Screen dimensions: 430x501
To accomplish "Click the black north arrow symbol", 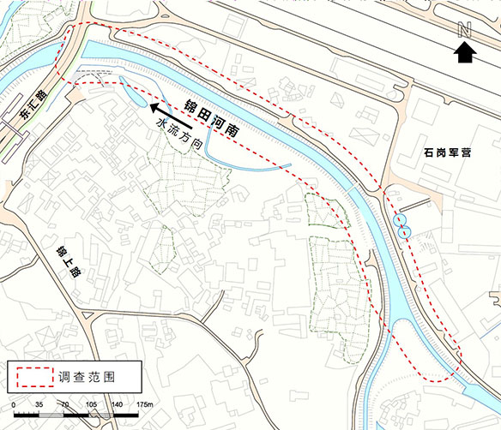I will (x=465, y=53).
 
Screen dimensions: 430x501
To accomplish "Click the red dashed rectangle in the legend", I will (x=31, y=375).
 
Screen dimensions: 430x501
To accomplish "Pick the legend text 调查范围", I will (x=87, y=375).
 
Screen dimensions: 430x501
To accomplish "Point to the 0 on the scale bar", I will (x=13, y=403).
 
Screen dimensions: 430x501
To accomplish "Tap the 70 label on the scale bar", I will (x=64, y=403).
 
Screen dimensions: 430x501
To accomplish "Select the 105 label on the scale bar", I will (x=91, y=403).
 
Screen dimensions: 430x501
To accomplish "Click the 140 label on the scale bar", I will (x=118, y=403).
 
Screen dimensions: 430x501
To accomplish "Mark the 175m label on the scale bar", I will (x=143, y=403).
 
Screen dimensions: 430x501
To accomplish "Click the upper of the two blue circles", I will (x=399, y=220).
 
